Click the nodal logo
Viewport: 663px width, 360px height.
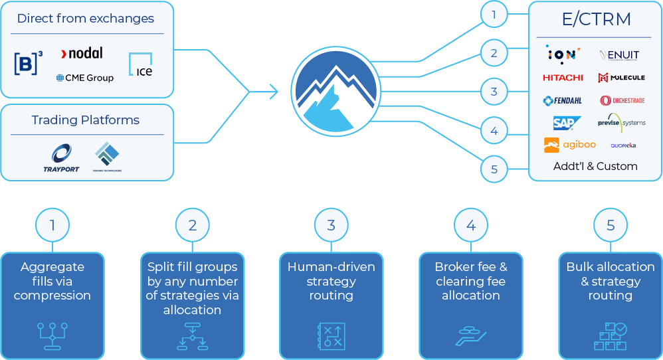point(81,53)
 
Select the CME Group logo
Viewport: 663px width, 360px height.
point(84,78)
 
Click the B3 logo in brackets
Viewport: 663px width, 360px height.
point(28,63)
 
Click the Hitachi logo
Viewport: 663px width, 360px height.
point(563,78)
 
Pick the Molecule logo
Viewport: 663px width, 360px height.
point(621,78)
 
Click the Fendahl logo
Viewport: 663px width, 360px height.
point(563,101)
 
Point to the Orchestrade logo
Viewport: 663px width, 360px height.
point(622,101)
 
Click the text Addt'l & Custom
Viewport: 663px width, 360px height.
point(595,166)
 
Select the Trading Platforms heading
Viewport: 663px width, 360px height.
point(86,120)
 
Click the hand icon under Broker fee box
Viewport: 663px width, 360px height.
point(470,335)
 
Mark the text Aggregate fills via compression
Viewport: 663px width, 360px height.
point(52,281)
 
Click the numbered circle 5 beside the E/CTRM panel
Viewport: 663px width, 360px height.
point(494,169)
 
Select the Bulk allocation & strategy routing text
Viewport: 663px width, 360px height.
point(610,281)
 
